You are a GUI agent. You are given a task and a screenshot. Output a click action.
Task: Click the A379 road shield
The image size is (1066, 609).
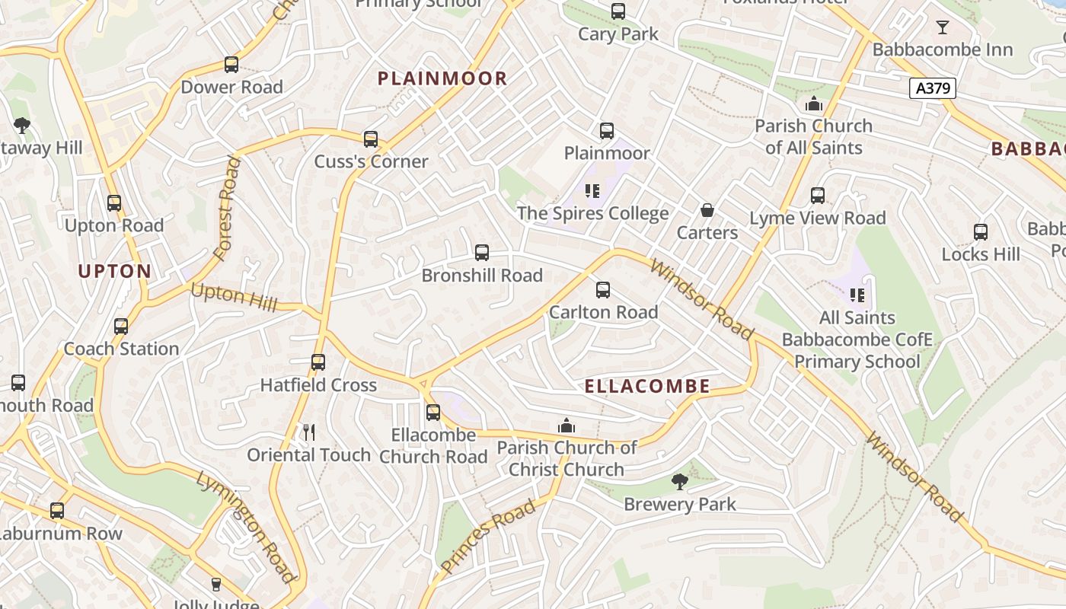click(x=933, y=88)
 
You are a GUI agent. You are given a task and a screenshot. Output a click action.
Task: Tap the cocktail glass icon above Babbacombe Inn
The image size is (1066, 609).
click(x=943, y=27)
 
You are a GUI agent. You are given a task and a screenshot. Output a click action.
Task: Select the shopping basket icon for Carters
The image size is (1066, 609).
click(x=707, y=210)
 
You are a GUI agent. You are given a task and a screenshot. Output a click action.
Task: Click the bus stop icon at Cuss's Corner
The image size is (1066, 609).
click(x=371, y=139)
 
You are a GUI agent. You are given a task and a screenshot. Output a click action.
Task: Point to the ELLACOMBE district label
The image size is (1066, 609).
click(x=647, y=387)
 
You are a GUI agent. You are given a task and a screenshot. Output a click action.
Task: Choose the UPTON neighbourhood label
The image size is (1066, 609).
click(x=115, y=271)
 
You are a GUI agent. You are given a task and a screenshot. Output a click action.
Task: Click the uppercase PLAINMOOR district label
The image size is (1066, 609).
click(x=442, y=78)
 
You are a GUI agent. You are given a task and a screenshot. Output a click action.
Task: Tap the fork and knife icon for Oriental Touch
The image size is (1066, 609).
click(x=309, y=432)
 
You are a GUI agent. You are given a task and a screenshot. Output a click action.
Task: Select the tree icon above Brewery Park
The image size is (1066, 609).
click(x=679, y=481)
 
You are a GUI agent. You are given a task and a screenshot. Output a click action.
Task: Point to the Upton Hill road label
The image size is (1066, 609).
click(x=234, y=296)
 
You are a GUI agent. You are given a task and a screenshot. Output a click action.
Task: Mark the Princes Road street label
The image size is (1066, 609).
click(x=487, y=537)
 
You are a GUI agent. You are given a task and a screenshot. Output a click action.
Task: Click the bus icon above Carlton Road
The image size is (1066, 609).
click(x=603, y=290)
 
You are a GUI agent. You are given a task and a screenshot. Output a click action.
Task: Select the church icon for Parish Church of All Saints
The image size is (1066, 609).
click(x=814, y=104)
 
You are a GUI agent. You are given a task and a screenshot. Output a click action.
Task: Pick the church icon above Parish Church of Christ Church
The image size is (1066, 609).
click(x=567, y=426)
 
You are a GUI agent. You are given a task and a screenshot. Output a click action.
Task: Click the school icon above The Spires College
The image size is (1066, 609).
click(x=592, y=191)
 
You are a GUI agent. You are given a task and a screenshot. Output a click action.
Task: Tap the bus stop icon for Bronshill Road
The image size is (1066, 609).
click(x=482, y=253)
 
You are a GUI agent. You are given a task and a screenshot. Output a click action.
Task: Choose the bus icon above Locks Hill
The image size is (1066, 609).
click(x=981, y=232)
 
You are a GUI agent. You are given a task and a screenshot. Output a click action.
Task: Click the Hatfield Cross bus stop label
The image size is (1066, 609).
click(x=318, y=385)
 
